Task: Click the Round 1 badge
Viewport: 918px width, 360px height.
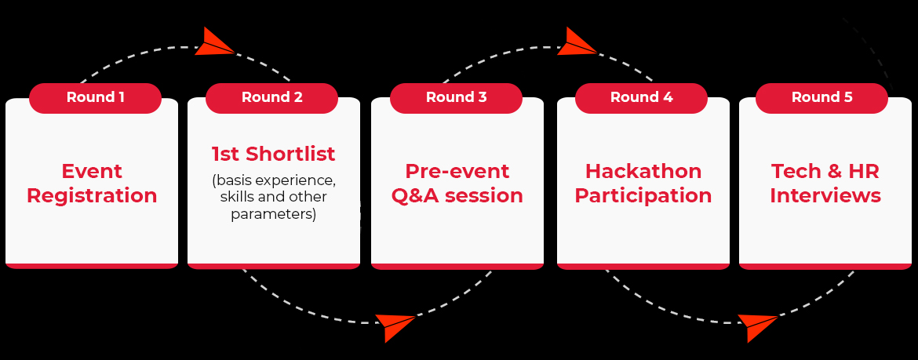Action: coord(95,98)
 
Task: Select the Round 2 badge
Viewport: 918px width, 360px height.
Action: coord(271,98)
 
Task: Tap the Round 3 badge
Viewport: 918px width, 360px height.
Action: coord(456,98)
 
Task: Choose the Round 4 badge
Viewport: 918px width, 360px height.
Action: coord(641,98)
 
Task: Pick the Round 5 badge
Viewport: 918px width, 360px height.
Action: coord(822,98)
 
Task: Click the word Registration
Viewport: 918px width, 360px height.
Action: coord(92,196)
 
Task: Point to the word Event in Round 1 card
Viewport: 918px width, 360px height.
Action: coord(92,171)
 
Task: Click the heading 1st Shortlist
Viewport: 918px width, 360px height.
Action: coord(273,154)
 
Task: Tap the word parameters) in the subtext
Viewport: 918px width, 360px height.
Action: coord(273,214)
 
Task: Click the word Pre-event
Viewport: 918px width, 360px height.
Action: coord(457,171)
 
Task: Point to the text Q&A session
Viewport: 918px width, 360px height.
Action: coord(457,195)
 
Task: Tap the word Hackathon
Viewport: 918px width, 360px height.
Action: coord(643,171)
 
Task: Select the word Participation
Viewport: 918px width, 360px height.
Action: coord(643,196)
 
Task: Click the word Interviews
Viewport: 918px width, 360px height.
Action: coord(825,195)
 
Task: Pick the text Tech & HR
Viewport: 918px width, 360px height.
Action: coord(825,171)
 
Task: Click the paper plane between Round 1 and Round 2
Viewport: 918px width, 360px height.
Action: coord(214,42)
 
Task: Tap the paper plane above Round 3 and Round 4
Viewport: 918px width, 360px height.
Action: coord(577,42)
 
